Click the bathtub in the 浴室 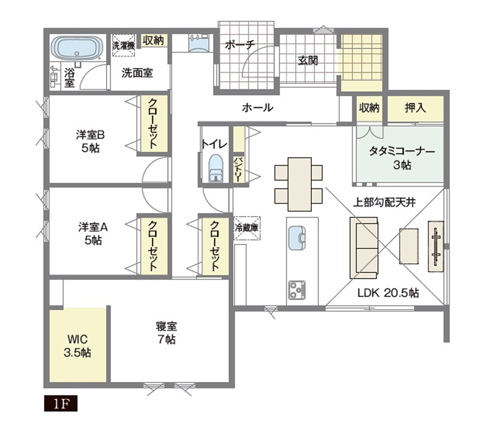tap(77, 48)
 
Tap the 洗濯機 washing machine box tap(124, 45)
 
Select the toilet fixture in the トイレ tap(216, 168)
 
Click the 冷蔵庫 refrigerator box tap(247, 228)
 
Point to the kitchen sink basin tap(297, 238)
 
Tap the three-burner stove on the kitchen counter tap(297, 290)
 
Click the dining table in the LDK tap(300, 184)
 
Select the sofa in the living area tap(364, 248)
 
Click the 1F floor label tap(61, 404)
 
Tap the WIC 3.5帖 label tap(77, 346)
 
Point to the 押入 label tap(415, 108)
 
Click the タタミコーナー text tap(402, 151)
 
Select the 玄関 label tap(308, 60)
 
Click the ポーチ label tap(240, 45)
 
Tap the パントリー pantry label tap(238, 170)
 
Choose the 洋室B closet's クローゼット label tap(153, 123)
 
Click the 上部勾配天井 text tap(385, 203)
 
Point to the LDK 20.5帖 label tap(388, 293)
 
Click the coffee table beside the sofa tap(409, 246)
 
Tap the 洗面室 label tap(137, 73)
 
